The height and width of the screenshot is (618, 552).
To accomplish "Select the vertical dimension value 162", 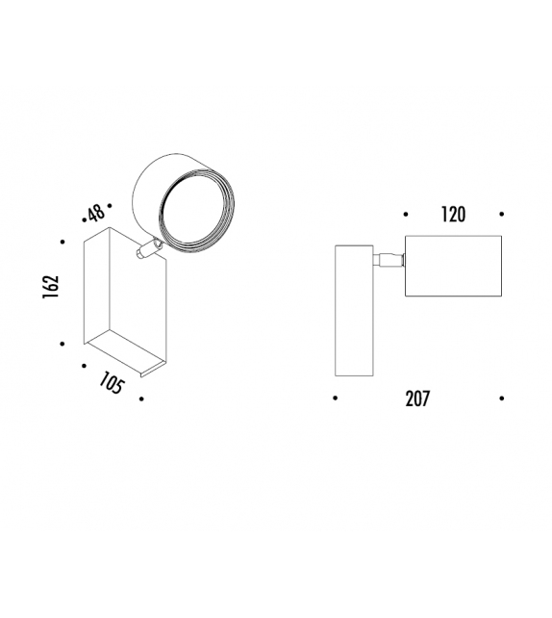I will tap(52, 287).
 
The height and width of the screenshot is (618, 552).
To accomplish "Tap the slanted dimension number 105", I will tap(112, 384).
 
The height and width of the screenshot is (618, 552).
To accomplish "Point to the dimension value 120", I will tap(452, 215).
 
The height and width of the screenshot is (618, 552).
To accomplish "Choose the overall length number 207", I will tap(416, 399).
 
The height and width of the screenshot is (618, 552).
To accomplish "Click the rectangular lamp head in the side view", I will tap(453, 266).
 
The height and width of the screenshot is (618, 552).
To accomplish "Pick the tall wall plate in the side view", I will tap(353, 310).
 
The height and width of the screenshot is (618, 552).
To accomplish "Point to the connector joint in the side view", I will tap(389, 258).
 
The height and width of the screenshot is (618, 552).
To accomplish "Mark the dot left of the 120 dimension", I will tap(406, 215).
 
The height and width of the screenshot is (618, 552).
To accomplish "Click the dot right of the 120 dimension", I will tap(502, 215).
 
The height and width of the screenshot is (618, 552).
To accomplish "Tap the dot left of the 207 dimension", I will tap(334, 398).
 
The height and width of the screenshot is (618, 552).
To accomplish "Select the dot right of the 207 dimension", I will tap(502, 398).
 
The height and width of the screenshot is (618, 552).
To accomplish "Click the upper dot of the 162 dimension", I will tap(63, 243).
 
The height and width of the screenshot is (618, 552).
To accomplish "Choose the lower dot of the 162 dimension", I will tap(63, 343).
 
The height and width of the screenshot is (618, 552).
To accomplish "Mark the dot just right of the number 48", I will tap(112, 206).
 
